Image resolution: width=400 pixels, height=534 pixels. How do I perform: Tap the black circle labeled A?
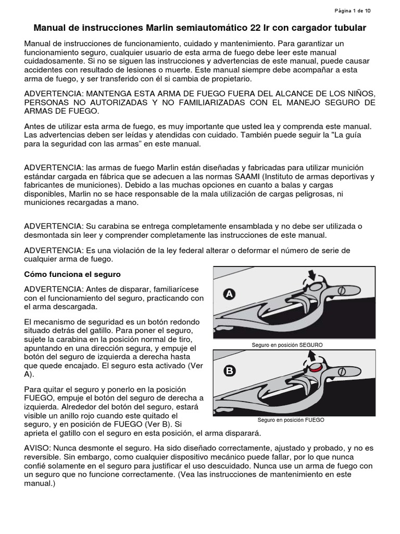point(229,295)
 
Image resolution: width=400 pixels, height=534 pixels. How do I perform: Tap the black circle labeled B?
point(229,371)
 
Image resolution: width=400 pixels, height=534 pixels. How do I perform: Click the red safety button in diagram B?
point(314,368)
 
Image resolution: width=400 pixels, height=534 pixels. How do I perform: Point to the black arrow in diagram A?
point(312,274)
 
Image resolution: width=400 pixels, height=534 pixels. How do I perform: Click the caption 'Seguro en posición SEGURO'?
point(287,345)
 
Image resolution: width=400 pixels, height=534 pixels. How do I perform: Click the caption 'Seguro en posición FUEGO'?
point(291,420)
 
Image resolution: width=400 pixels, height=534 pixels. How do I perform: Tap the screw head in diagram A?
point(342,290)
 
